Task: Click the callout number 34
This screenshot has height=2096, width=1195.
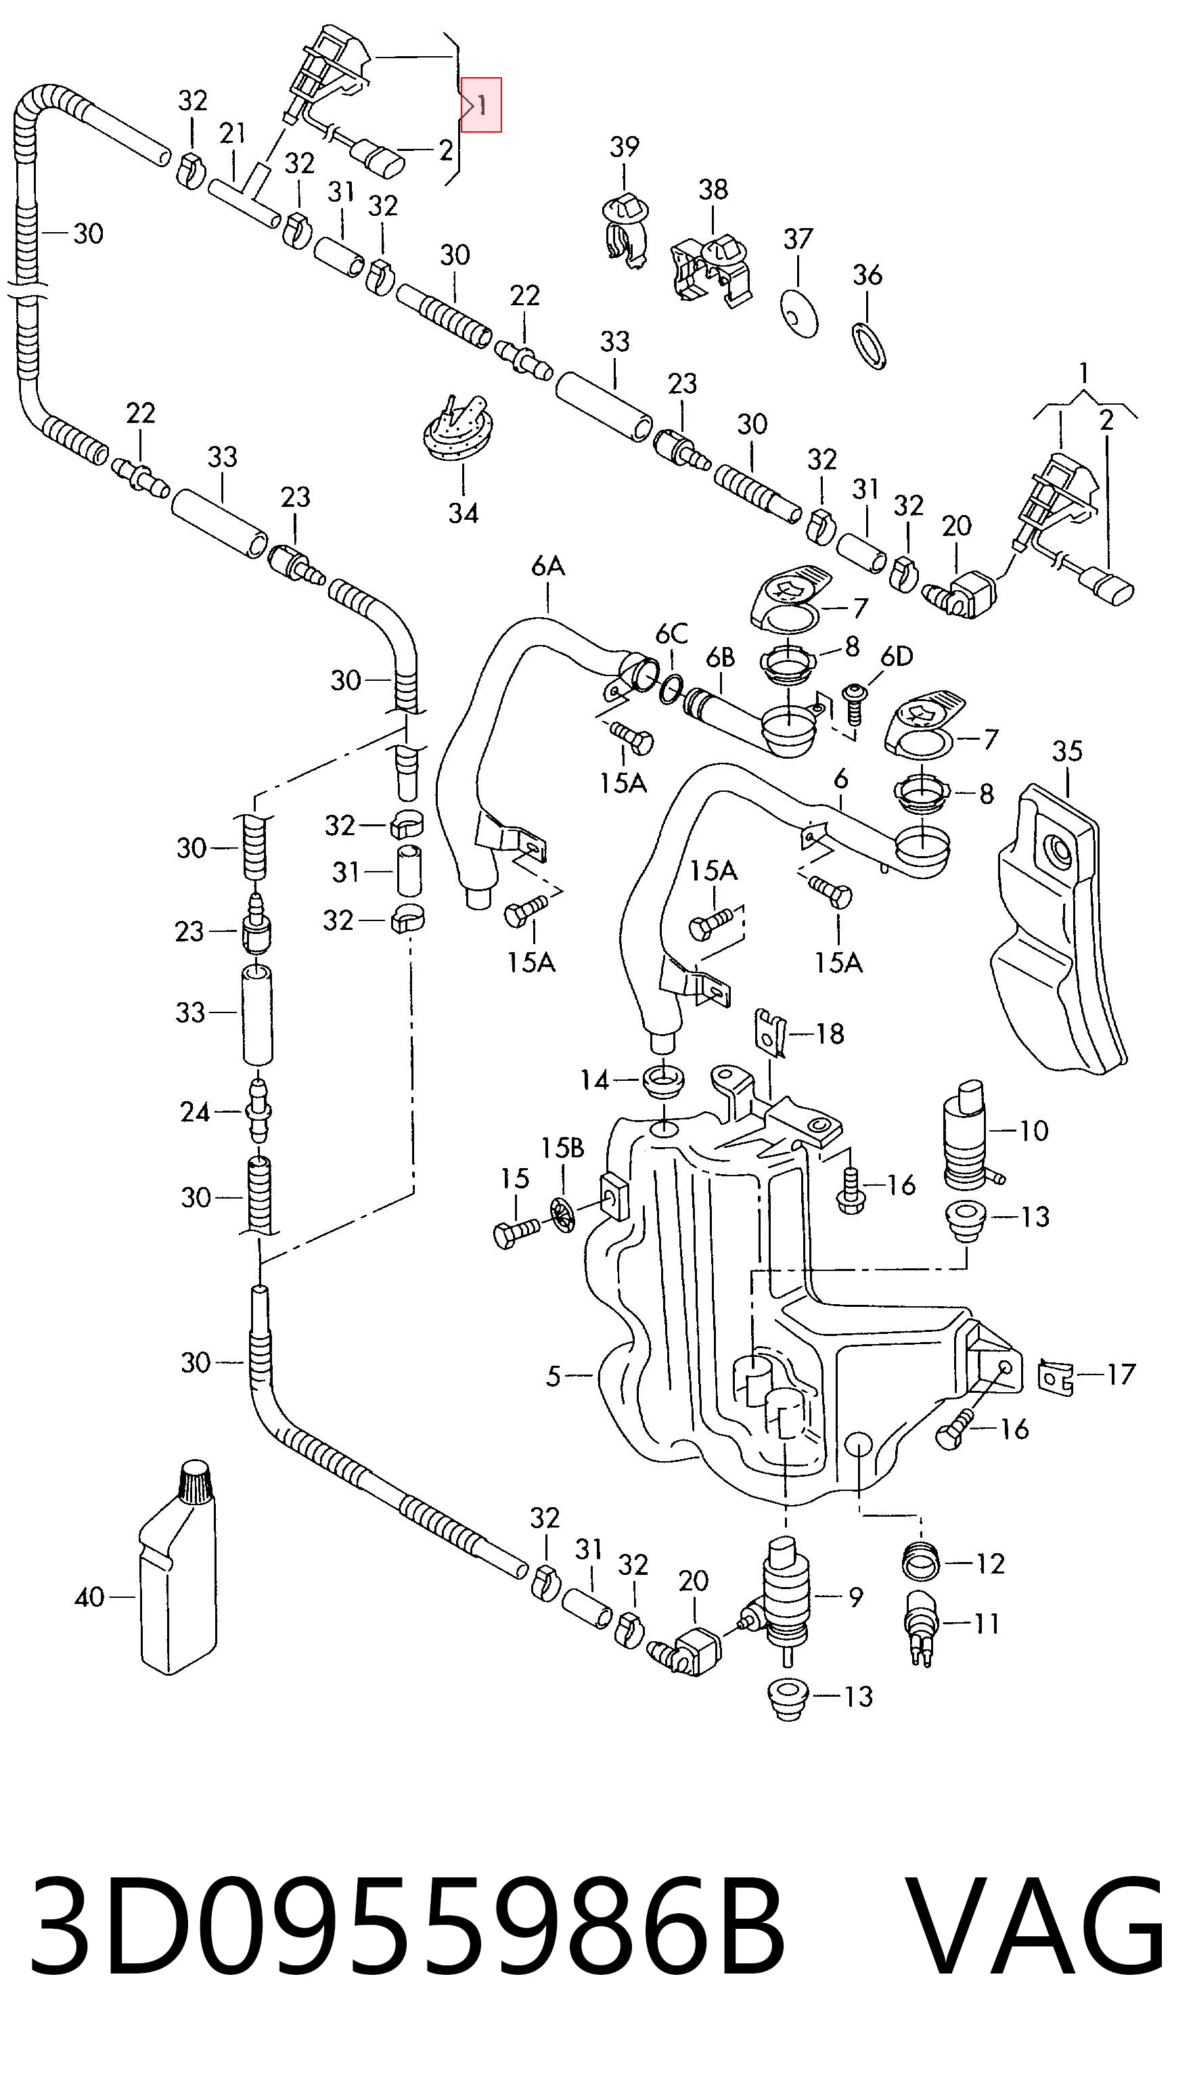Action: [x=463, y=514]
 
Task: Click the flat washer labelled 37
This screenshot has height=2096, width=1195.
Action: [x=798, y=313]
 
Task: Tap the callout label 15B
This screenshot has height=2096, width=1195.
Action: [x=562, y=1148]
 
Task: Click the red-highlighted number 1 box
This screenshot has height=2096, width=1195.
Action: [x=481, y=104]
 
